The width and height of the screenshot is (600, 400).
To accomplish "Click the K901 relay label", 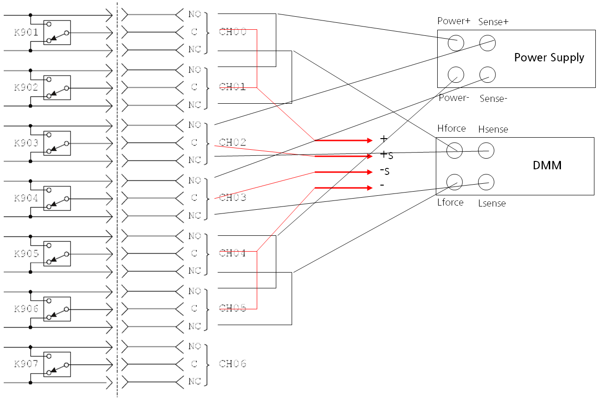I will pos(26,33).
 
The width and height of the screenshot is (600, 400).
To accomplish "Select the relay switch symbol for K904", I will pos(57,199).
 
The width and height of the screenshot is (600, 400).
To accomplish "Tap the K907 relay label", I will pos(26,364).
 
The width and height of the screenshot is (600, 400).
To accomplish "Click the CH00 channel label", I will pos(233,32).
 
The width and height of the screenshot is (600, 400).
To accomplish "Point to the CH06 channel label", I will pos(233,364).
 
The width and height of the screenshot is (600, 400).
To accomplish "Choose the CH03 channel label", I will pos(233,198).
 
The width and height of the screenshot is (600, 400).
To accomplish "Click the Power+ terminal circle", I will pos(456,43).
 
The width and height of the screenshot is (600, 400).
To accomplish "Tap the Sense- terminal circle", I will pos(487,74).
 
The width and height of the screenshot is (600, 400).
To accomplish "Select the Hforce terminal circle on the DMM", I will pos(454,150).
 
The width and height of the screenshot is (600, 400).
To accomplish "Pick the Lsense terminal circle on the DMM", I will pos(486,182).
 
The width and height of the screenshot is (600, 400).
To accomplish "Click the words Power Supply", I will pos(549,58).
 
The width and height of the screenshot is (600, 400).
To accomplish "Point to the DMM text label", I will pos(547,165).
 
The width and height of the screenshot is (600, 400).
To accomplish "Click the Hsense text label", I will pos(493,129).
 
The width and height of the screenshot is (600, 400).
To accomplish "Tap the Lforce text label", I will pos(450,202).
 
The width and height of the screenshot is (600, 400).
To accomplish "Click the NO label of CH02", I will pos(194,125).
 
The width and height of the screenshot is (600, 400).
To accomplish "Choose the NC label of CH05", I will pos(194,326).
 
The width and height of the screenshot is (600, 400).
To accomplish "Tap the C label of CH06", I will pos(194,364).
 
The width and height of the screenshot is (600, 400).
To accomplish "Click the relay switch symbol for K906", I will pos(57,309).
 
